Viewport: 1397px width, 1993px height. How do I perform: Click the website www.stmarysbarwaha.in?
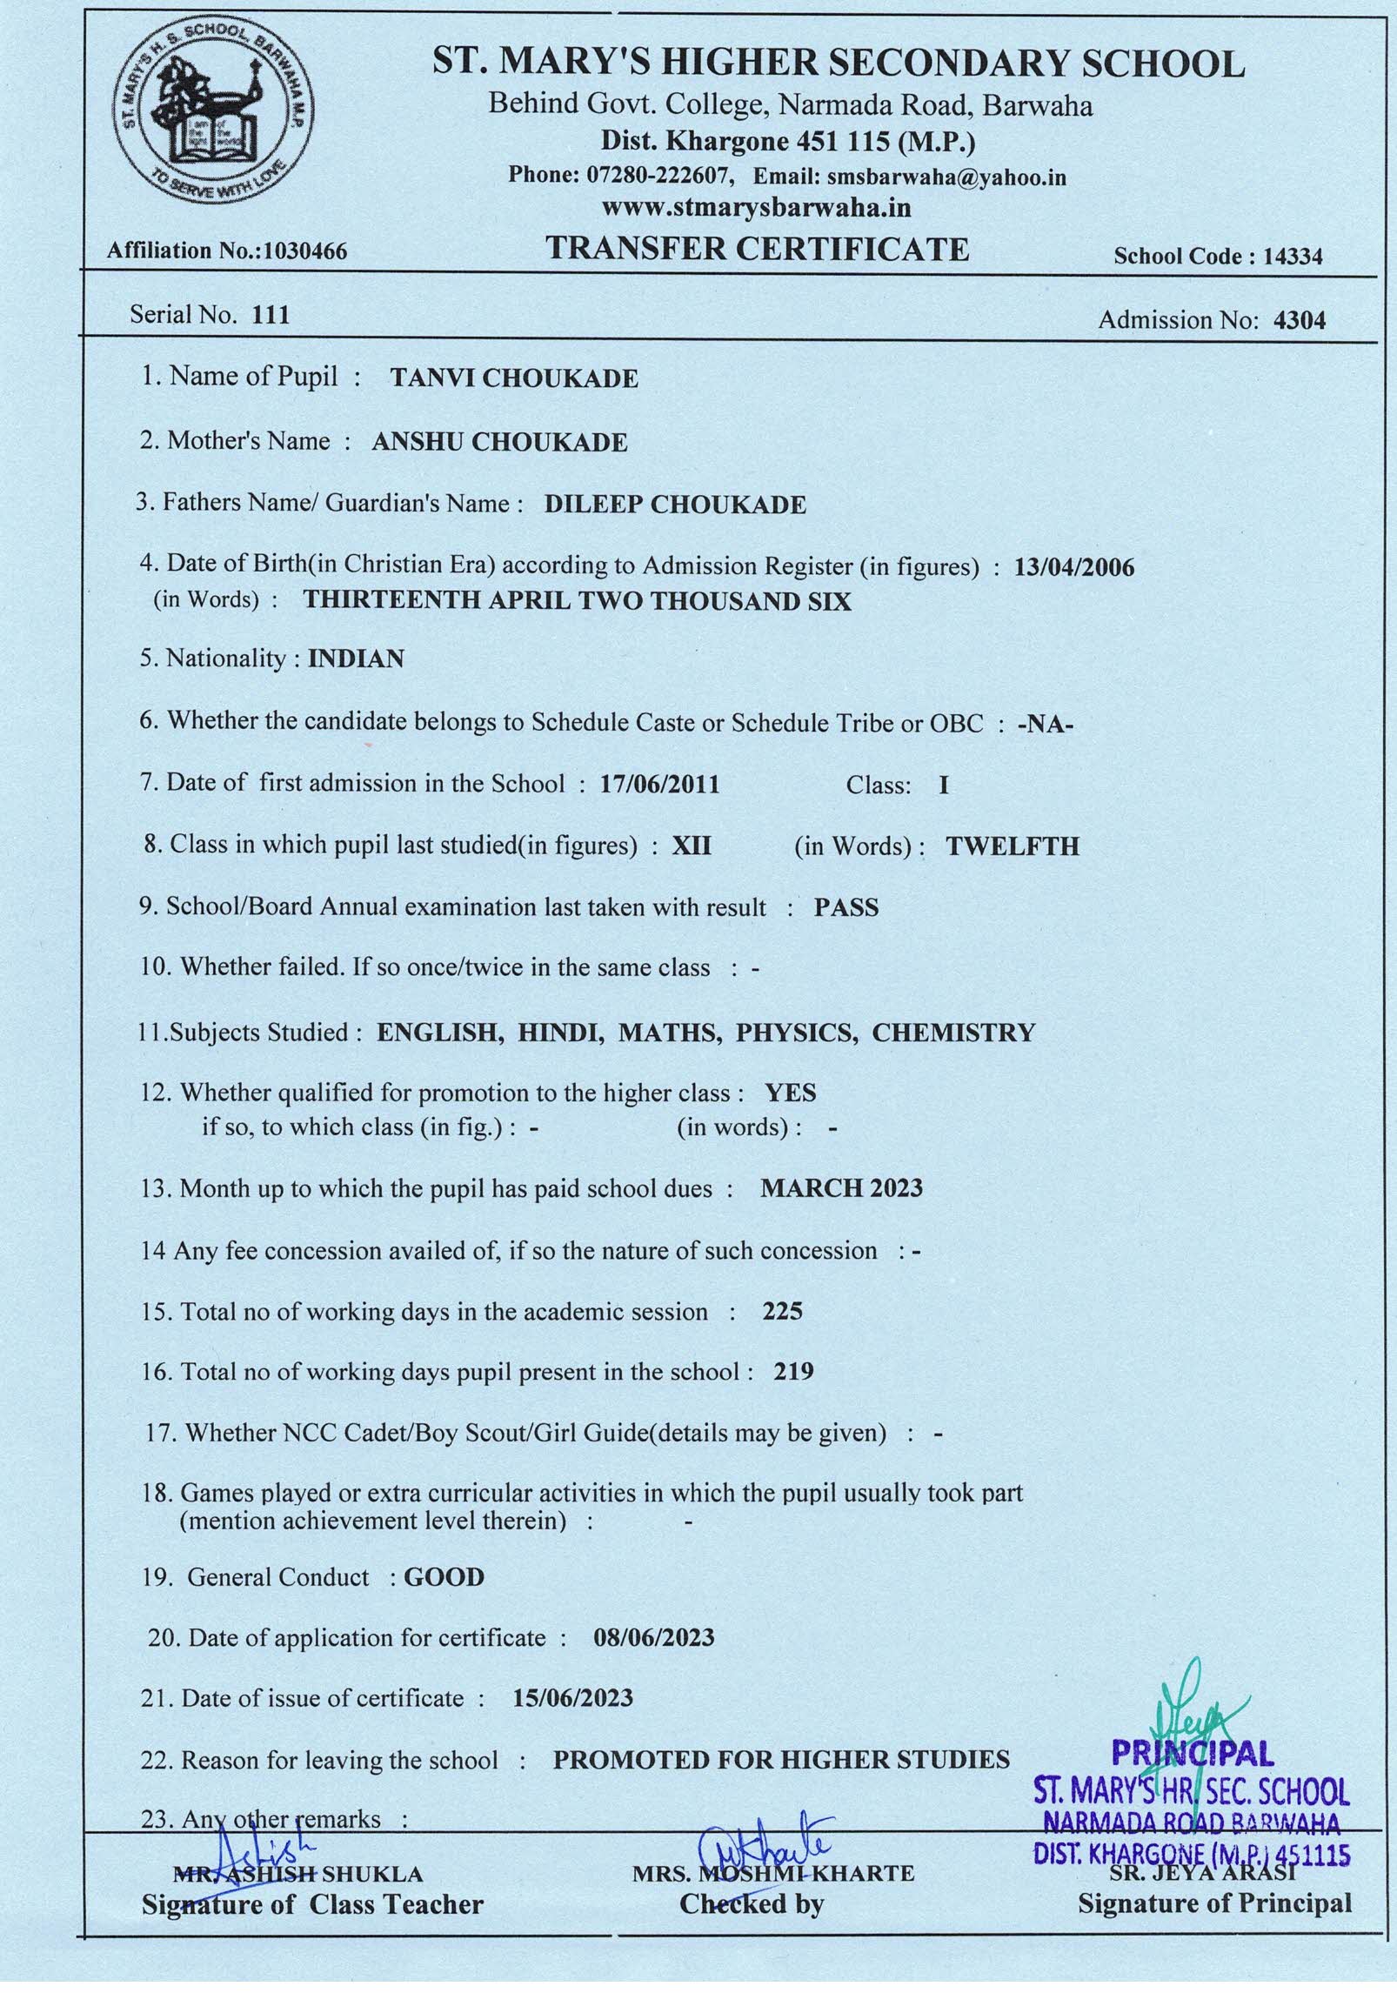[x=755, y=209]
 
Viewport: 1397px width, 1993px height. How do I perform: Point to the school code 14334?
[x=1293, y=256]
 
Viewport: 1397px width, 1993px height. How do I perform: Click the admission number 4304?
[x=1299, y=321]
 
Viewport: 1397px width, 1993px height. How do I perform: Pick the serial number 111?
[x=270, y=315]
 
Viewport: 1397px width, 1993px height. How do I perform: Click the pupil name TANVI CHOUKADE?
[x=514, y=378]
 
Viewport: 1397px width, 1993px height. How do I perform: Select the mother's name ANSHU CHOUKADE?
[x=499, y=443]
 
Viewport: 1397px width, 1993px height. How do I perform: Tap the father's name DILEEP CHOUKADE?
[x=675, y=505]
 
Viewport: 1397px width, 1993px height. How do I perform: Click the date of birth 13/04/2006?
[x=1074, y=568]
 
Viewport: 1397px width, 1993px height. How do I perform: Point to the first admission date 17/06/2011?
[x=659, y=786]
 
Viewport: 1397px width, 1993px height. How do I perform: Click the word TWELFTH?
[x=1013, y=847]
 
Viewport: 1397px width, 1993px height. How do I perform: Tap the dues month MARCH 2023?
[x=841, y=1188]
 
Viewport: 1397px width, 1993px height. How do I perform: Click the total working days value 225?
[x=782, y=1312]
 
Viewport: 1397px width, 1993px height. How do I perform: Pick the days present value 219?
[x=793, y=1373]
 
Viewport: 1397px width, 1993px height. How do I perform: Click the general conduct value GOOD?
[x=444, y=1578]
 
